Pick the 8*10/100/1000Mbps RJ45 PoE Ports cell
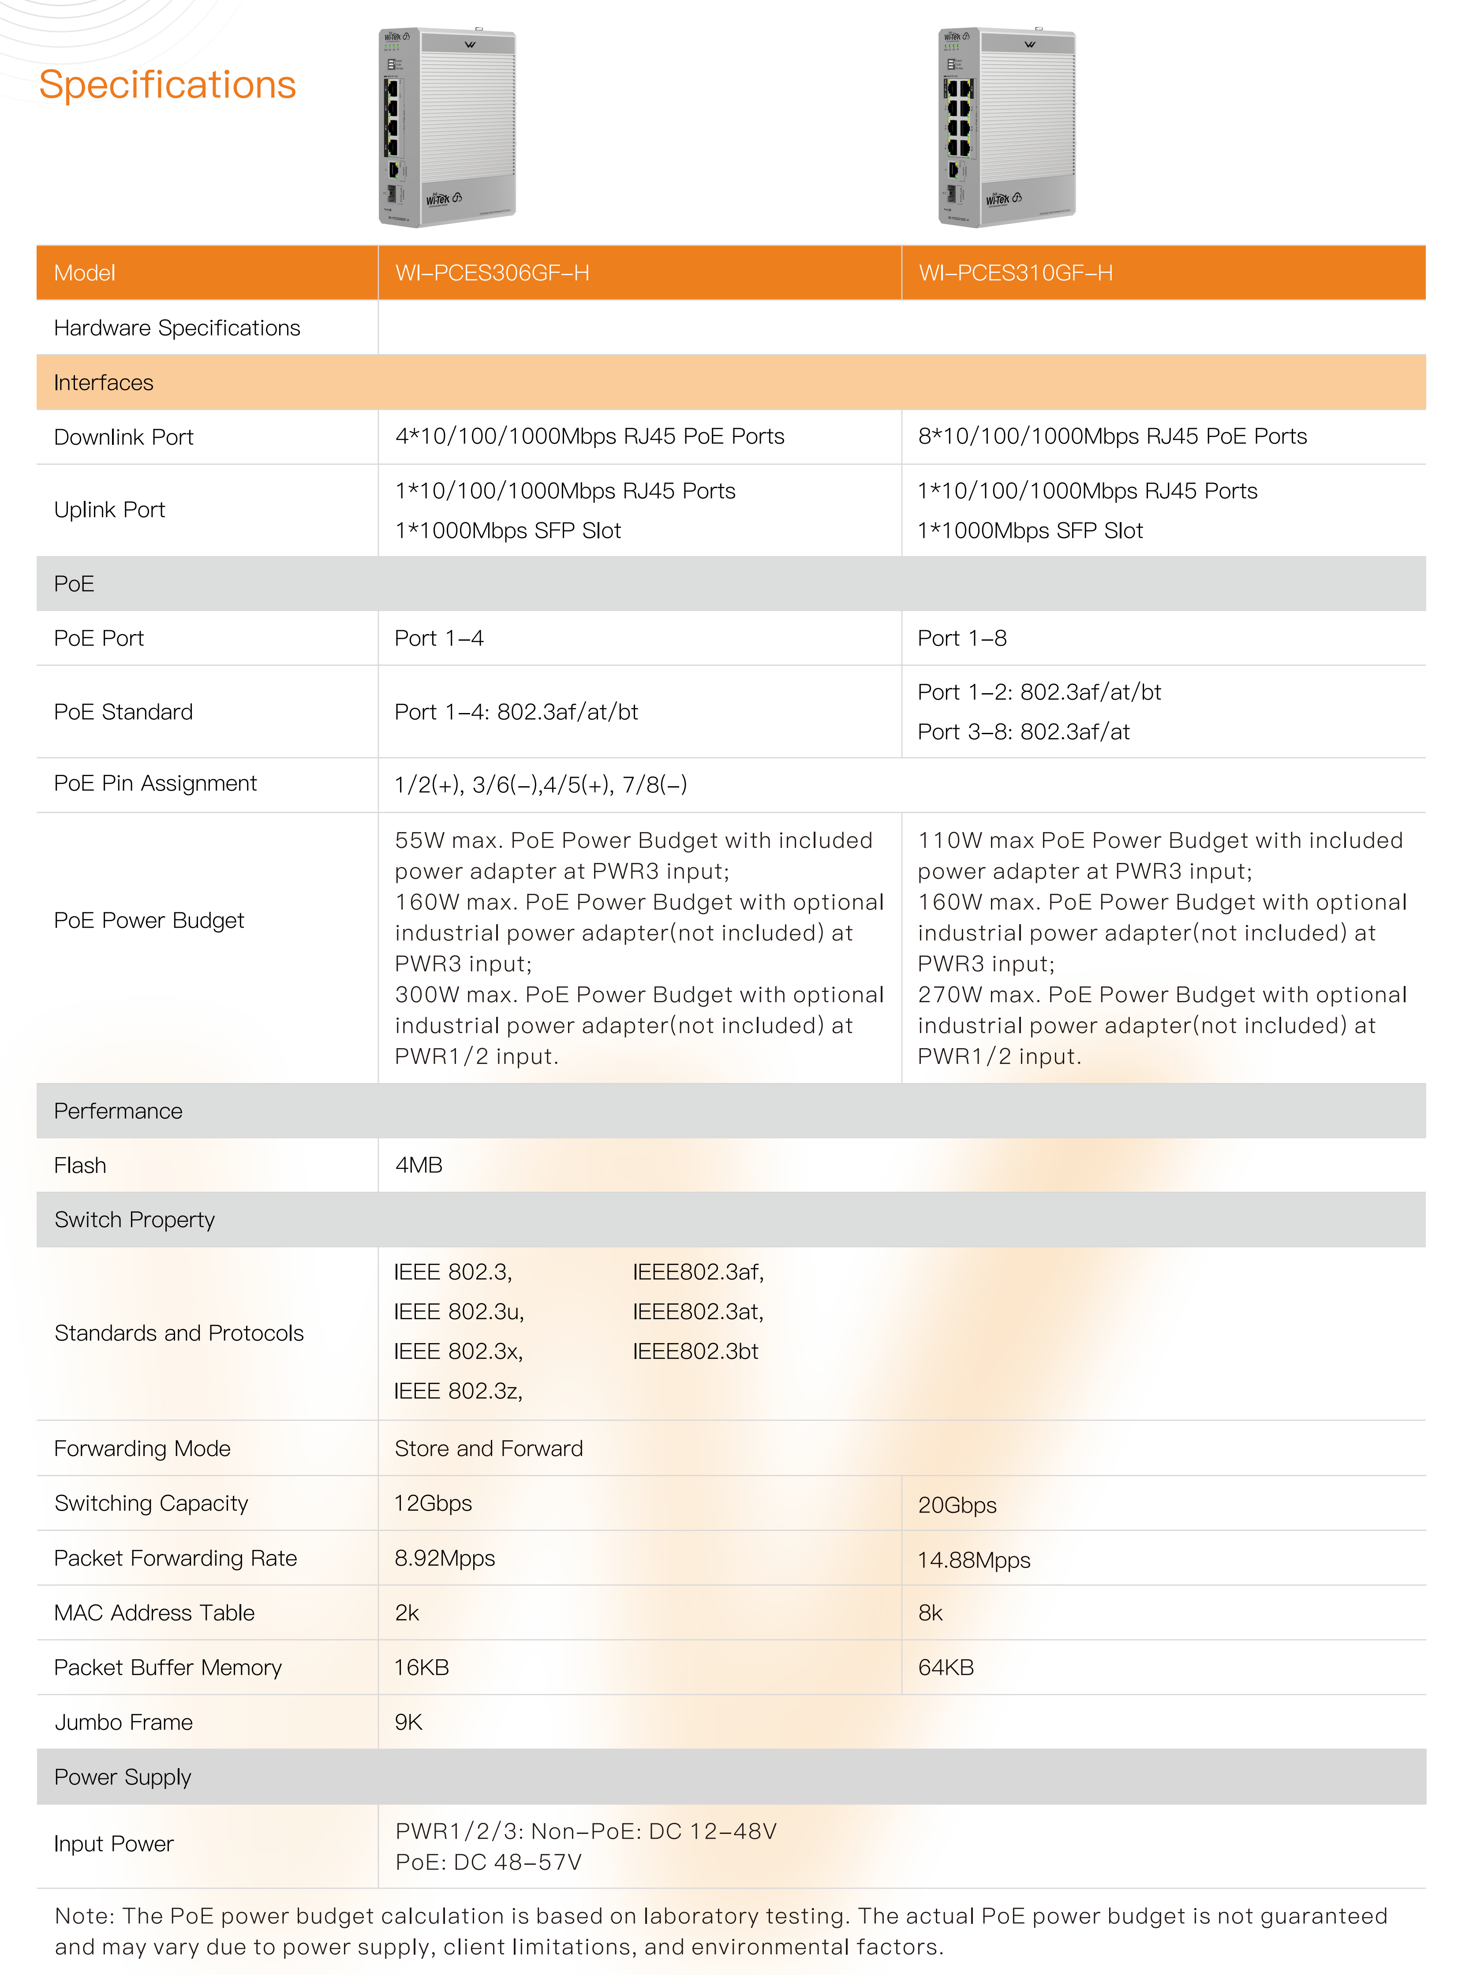point(1112,436)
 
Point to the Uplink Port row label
point(109,509)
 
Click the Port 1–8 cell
point(962,638)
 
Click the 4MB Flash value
point(419,1165)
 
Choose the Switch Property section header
point(134,1220)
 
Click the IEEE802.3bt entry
point(695,1351)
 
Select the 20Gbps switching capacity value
point(957,1505)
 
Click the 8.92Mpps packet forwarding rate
point(445,1557)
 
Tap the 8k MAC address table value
point(930,1612)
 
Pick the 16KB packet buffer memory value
point(422,1667)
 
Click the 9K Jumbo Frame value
point(409,1722)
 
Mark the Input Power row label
point(114,1844)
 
